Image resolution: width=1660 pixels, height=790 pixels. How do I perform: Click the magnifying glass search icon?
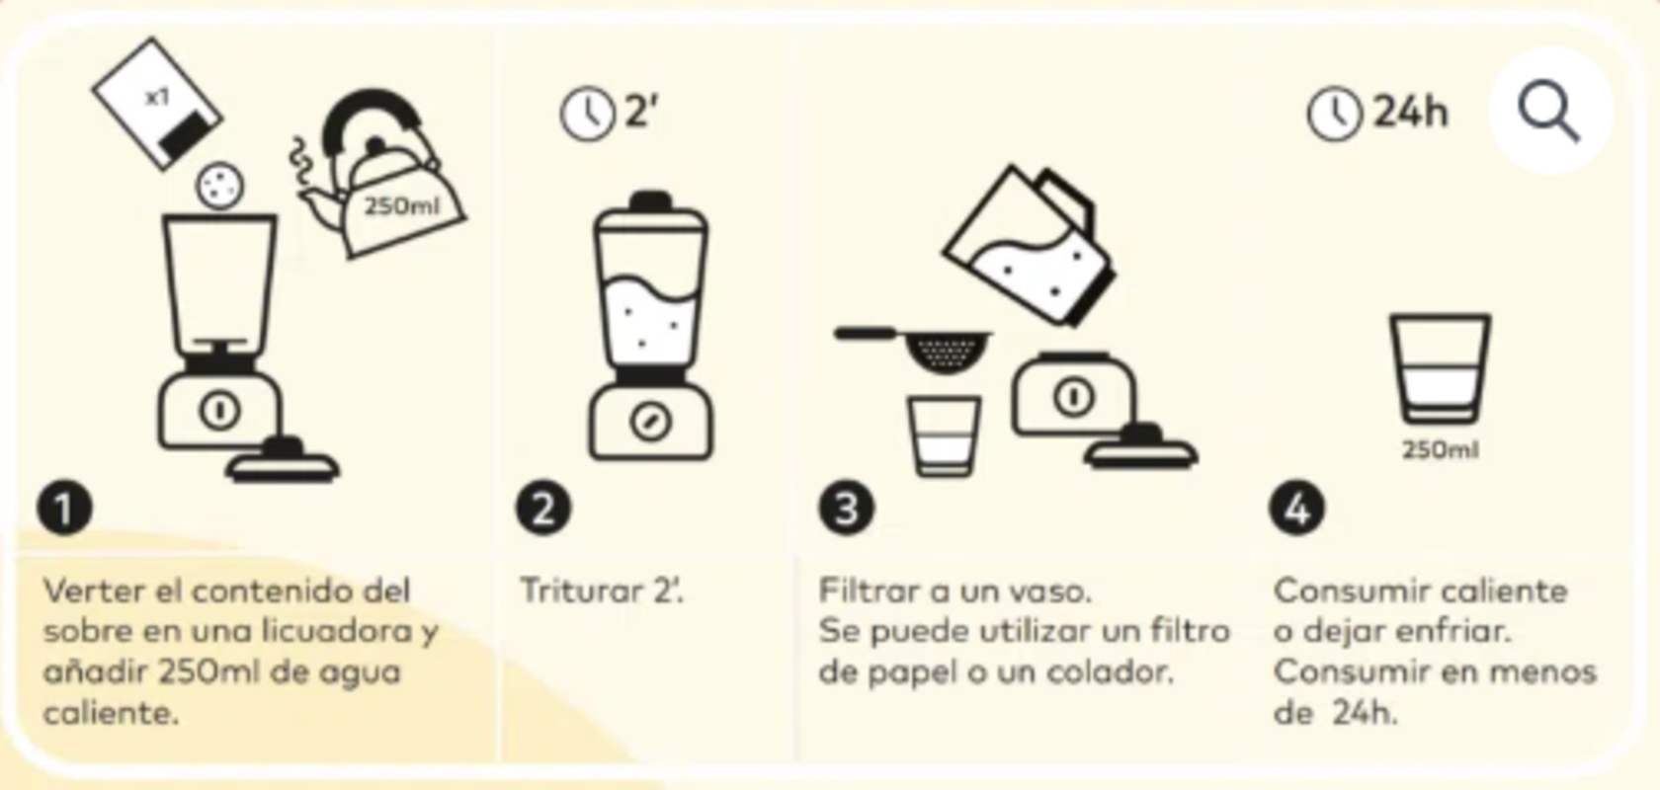(x=1549, y=111)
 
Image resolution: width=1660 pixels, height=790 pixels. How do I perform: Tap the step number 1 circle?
(x=65, y=509)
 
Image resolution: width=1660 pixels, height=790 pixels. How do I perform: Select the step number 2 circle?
(x=543, y=509)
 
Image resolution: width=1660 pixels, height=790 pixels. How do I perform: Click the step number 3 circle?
(x=847, y=509)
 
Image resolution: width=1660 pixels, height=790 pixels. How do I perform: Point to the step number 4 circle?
(x=1296, y=509)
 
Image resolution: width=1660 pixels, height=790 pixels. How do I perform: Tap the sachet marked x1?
(x=158, y=104)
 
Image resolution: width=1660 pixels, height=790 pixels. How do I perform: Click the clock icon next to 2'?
(x=587, y=114)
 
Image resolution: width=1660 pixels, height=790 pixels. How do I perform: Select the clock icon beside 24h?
(x=1334, y=114)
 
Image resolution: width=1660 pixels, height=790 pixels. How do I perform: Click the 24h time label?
(x=1411, y=112)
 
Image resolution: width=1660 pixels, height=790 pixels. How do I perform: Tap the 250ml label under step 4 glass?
(x=1441, y=450)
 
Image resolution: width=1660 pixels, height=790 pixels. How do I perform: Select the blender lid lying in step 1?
(x=282, y=461)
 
